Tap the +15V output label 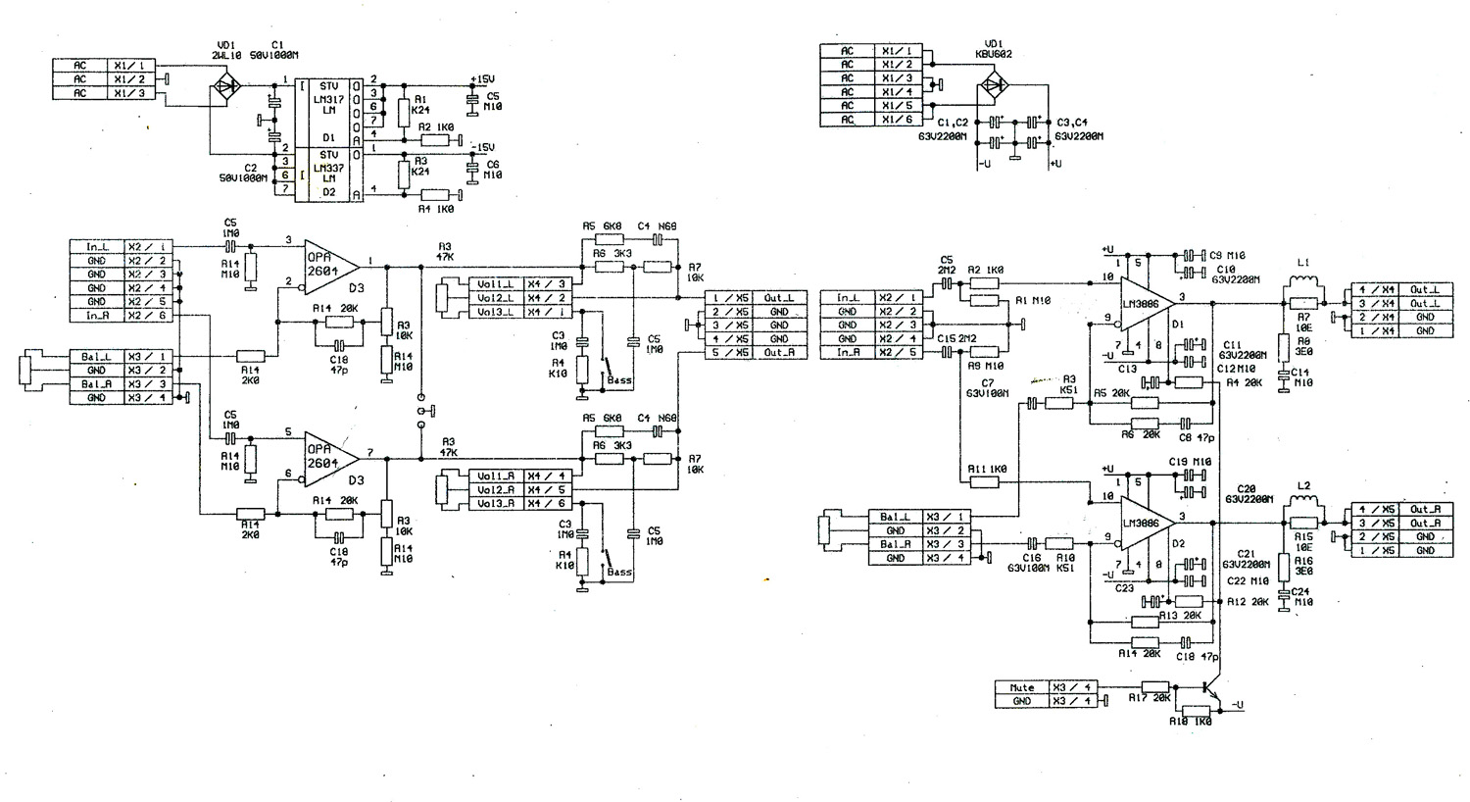coord(482,79)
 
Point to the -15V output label coord(482,146)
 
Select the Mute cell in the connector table coord(1021,687)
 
